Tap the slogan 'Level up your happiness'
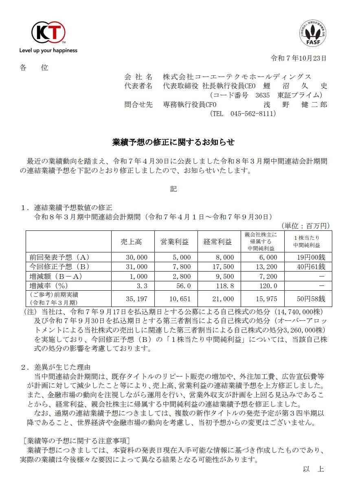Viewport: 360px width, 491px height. [48, 50]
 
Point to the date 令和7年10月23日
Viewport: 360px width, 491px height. [299, 58]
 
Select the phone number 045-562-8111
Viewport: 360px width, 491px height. [252, 114]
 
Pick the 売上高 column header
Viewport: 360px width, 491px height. [131, 242]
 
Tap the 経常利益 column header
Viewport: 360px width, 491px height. [217, 242]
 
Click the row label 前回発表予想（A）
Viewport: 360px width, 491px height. [59, 257]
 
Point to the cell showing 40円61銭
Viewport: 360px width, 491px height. [311, 267]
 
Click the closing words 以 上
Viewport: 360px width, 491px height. [313, 469]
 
